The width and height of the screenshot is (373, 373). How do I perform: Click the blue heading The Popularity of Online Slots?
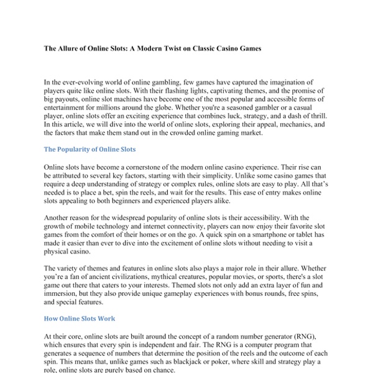(x=90, y=150)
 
